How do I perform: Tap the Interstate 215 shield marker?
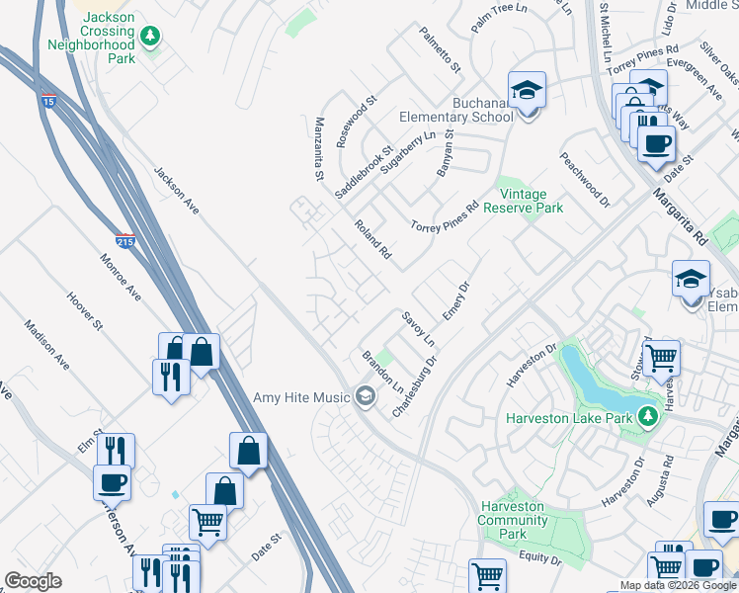[x=122, y=239]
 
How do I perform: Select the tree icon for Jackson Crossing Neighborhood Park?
[x=150, y=38]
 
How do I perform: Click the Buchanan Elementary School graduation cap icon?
[x=528, y=91]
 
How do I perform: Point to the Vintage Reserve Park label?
[x=531, y=201]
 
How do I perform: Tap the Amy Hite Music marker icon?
[x=366, y=397]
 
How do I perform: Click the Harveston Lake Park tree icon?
[x=647, y=417]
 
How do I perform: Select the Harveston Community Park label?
[x=513, y=520]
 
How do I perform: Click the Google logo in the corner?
[x=33, y=581]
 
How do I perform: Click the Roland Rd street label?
[x=373, y=240]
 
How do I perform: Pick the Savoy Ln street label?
[x=419, y=327]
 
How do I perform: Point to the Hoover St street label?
[x=85, y=309]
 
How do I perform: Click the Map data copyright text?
[x=678, y=585]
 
